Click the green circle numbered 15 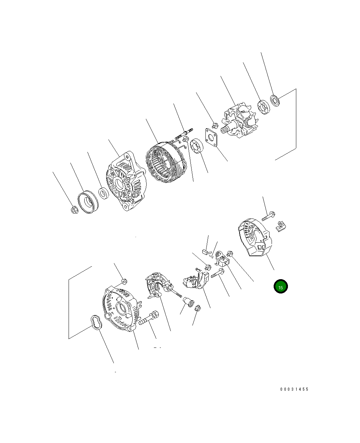tap(280, 287)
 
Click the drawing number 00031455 tap(294, 389)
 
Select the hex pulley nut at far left tap(75, 210)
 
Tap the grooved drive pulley tap(88, 202)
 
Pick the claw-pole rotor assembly tap(239, 120)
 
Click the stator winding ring tap(166, 162)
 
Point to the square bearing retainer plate tap(211, 138)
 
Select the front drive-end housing tap(126, 181)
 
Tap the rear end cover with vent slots tap(255, 237)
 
